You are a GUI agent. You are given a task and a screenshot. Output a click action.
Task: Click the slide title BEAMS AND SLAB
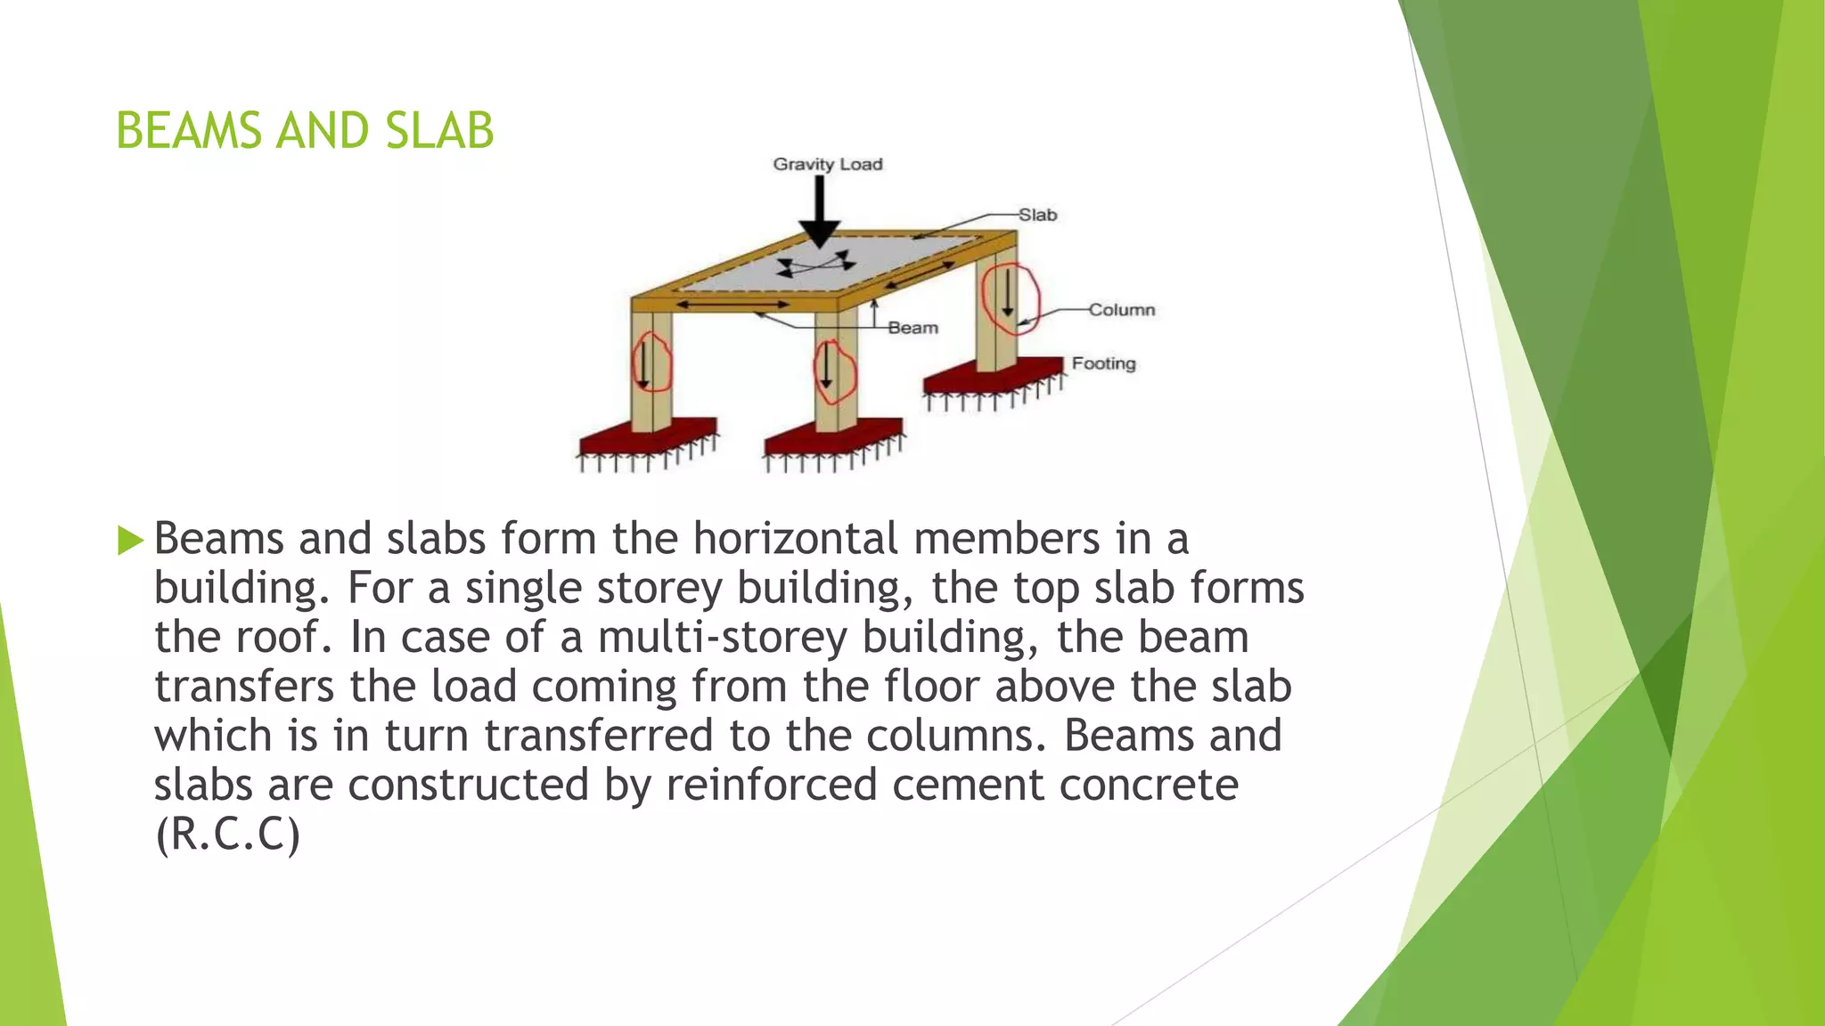pyautogui.click(x=305, y=131)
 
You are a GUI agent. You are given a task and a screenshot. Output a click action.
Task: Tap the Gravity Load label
pyautogui.click(x=827, y=164)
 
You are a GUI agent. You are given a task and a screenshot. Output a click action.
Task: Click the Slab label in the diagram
pyautogui.click(x=1037, y=215)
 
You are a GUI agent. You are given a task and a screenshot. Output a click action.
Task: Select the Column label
pyautogui.click(x=1121, y=310)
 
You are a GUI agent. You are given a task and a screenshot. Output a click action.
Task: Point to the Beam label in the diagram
pyautogui.click(x=912, y=328)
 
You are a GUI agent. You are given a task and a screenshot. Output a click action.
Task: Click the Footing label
pyautogui.click(x=1103, y=363)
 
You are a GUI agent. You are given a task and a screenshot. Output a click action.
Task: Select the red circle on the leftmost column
pyautogui.click(x=651, y=362)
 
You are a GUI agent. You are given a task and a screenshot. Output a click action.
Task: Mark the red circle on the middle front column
pyautogui.click(x=835, y=370)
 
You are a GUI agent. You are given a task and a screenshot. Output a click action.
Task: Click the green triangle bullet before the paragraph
pyautogui.click(x=130, y=540)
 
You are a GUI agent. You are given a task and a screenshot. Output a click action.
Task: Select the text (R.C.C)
pyautogui.click(x=227, y=835)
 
